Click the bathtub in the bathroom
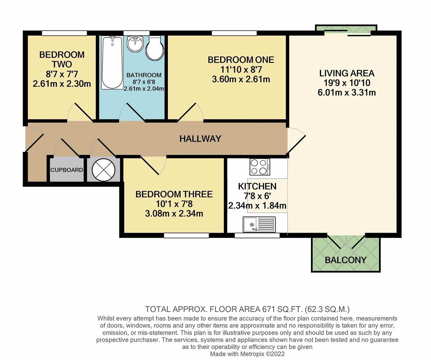pos(112,63)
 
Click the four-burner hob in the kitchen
pos(260,167)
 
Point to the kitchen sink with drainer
pos(259,225)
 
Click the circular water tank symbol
pos(103,170)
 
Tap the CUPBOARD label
pos(67,170)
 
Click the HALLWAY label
pos(200,139)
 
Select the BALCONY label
pos(346,260)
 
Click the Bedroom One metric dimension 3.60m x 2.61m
pos(241,79)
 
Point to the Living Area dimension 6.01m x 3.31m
pos(347,93)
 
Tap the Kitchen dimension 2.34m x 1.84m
pos(257,206)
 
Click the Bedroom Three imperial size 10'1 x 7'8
pos(174,204)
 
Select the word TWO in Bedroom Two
pos(62,64)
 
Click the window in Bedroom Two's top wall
pos(64,33)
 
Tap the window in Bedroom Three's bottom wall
pos(186,235)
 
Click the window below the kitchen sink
pos(257,235)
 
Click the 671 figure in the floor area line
pos(269,309)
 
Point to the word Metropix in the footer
pos(252,354)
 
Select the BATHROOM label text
pos(144,75)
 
